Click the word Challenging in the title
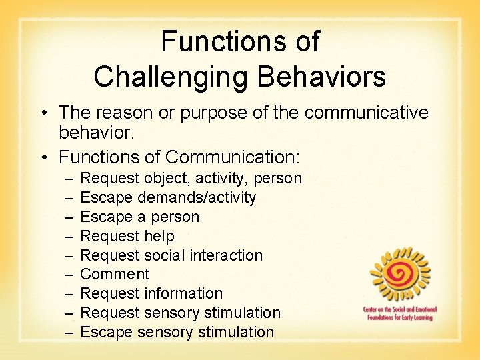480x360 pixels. point(171,77)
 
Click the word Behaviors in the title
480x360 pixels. point(321,77)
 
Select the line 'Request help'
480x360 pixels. point(127,236)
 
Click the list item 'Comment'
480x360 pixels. point(115,274)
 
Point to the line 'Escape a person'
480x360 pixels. point(139,217)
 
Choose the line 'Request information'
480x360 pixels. point(151,293)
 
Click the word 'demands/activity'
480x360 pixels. point(197,197)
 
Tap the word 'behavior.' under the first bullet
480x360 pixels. point(97,133)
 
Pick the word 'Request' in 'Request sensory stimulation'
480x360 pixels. point(106,313)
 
